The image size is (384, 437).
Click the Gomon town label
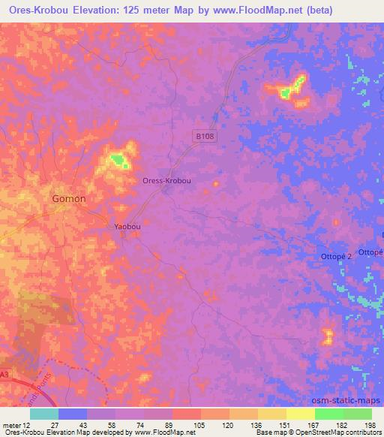[68, 198]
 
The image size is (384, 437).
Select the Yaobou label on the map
[127, 226]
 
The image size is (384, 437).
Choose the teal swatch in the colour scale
[43, 414]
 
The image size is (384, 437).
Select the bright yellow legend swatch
[300, 414]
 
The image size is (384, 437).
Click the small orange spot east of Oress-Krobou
[217, 182]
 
